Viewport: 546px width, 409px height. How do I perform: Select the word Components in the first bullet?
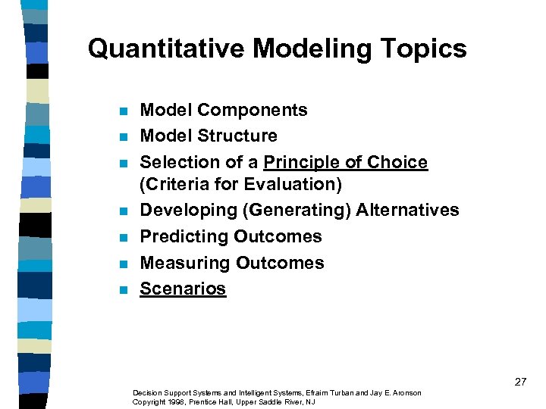[x=253, y=111]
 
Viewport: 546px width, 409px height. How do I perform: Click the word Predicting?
[x=184, y=236]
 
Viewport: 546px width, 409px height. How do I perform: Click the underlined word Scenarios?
[x=183, y=289]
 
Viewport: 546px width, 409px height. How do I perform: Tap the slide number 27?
[x=520, y=382]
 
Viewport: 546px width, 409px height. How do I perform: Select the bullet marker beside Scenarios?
[x=122, y=290]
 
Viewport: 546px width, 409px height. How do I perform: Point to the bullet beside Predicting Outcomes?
[x=122, y=238]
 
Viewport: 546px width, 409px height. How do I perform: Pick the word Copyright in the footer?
[x=146, y=401]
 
